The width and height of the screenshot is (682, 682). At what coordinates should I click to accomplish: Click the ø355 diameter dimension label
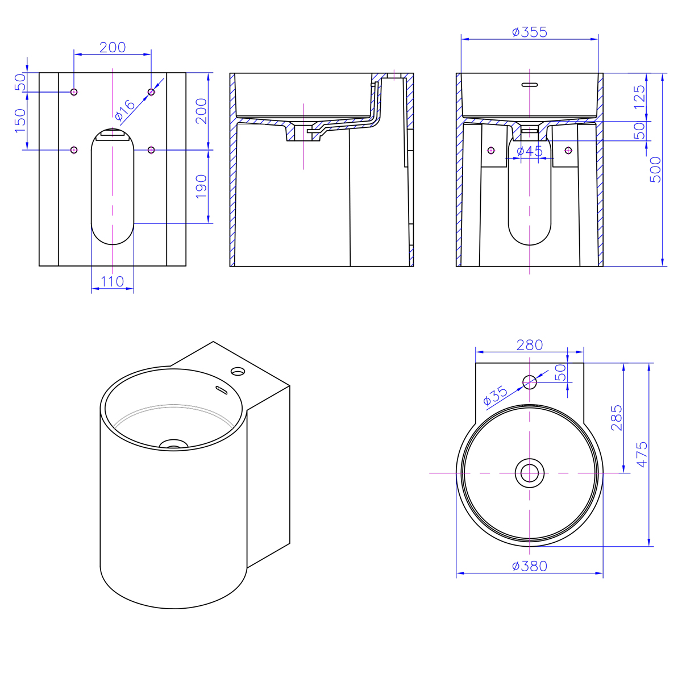coord(530,32)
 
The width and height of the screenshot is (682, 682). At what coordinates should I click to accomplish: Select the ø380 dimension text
coord(530,566)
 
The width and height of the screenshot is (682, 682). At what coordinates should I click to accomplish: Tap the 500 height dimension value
coord(655,169)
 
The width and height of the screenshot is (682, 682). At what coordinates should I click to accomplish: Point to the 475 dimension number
coord(642,455)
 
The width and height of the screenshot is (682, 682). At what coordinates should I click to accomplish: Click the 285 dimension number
coord(616,418)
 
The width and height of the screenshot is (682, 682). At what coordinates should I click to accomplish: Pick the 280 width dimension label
coord(530,345)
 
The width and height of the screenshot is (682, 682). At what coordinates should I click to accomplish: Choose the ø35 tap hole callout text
coord(495,396)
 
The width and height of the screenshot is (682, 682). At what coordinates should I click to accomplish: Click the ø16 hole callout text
coord(125,110)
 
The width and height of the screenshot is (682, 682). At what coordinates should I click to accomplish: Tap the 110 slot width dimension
coord(112,282)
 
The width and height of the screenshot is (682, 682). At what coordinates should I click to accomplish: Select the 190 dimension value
coord(201,186)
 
